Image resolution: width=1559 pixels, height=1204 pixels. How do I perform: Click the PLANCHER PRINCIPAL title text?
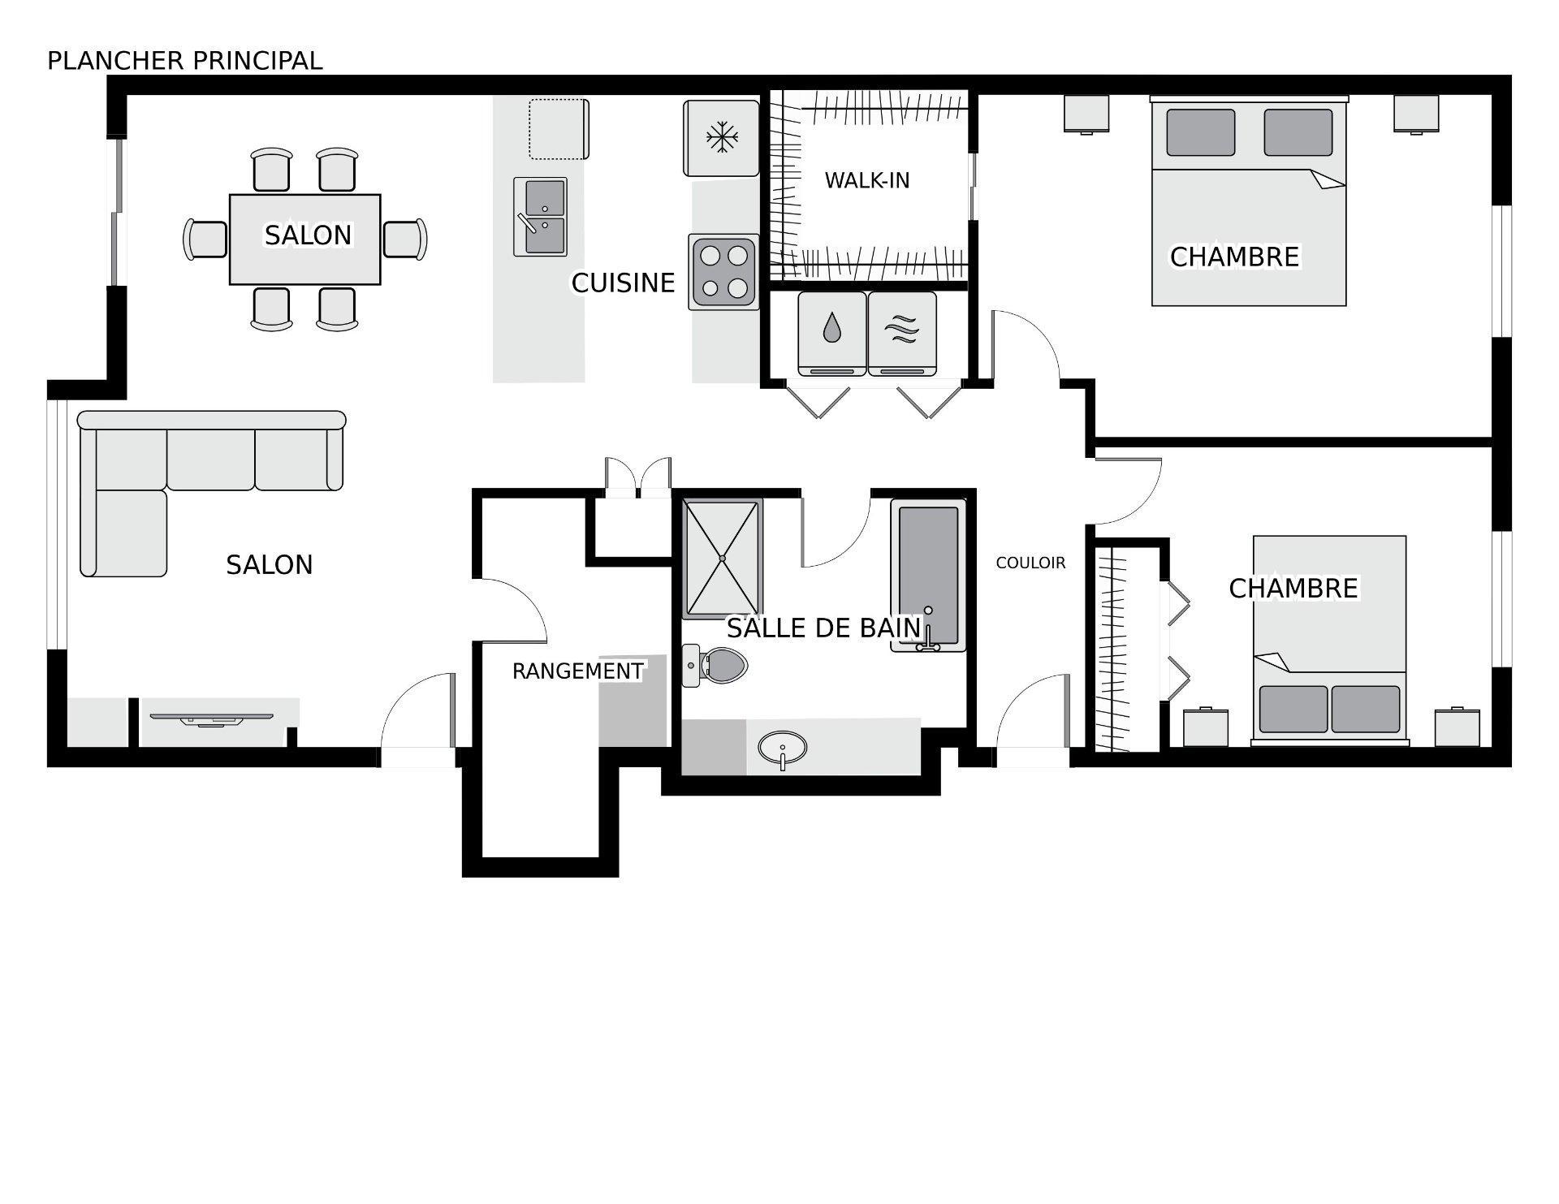184,61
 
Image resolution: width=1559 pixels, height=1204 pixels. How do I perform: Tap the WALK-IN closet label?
866,180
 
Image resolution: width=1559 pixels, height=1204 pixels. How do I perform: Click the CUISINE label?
623,283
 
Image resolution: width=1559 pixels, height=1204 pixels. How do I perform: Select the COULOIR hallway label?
1030,563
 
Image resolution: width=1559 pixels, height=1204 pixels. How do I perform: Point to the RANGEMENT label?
577,671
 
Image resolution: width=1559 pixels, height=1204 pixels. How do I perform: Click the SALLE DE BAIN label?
823,628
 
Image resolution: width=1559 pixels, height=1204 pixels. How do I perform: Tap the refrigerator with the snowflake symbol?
721,137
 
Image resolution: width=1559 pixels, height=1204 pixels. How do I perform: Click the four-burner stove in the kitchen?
723,271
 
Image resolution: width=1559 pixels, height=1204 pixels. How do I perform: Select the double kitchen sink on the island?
541,217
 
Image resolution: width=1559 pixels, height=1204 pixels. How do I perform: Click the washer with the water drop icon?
831,333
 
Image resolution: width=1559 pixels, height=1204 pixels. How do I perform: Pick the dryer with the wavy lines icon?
902,333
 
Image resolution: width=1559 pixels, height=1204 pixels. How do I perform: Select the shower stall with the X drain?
722,559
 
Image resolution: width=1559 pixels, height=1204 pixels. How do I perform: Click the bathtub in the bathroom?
928,573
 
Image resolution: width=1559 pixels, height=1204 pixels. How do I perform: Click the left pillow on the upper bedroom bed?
1200,132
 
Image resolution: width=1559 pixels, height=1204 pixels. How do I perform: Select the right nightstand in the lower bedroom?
1457,728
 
